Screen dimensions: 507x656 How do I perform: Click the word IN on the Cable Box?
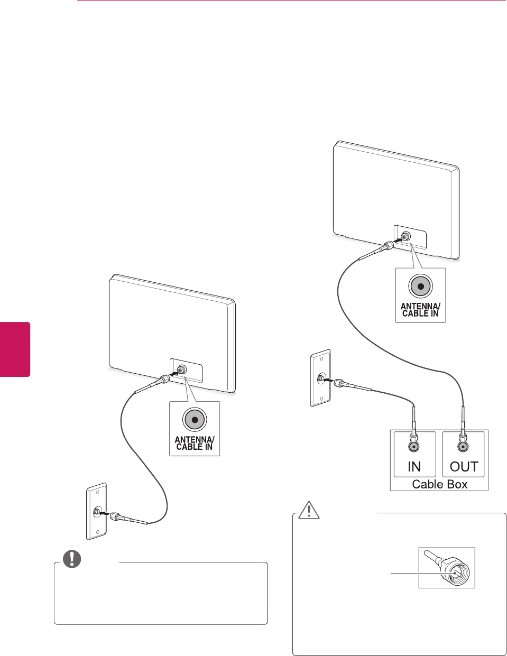point(414,466)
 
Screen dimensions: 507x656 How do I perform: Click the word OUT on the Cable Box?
point(464,466)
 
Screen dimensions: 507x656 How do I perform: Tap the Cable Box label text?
point(439,484)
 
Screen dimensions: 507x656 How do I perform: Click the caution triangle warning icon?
point(307,509)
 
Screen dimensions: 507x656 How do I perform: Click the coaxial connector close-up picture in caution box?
point(447,568)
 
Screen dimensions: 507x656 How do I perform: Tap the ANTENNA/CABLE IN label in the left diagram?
point(195,443)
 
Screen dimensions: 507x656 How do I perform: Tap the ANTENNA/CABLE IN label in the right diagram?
point(420,310)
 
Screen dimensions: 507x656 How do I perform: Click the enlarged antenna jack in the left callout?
point(195,420)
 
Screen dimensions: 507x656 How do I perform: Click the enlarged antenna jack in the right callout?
point(420,287)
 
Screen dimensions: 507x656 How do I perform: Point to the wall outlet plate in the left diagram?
point(96,511)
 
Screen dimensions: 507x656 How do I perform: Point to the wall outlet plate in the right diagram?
point(320,378)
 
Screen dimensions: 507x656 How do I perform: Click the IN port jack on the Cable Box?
point(414,446)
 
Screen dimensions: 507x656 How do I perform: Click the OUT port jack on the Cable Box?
point(463,446)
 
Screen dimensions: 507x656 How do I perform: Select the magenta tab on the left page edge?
point(15,349)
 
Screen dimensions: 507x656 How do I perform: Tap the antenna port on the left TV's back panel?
point(182,370)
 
